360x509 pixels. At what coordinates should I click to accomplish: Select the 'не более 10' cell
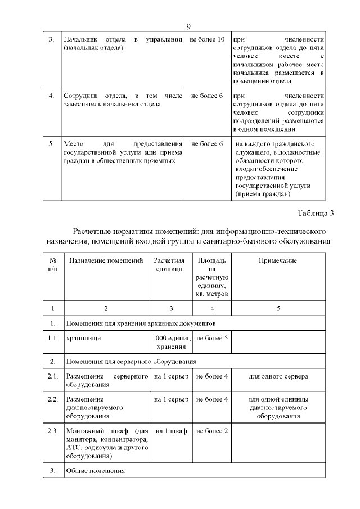pos(207,40)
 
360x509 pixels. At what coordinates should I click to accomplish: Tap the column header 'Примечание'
pos(278,261)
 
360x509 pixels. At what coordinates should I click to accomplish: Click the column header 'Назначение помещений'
pos(102,261)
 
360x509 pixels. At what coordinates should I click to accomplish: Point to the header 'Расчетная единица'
pos(170,265)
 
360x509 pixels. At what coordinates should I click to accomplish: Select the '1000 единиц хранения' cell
pos(170,343)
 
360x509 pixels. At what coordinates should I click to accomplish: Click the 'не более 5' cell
pos(211,339)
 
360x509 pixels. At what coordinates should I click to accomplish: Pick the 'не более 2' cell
pos(211,431)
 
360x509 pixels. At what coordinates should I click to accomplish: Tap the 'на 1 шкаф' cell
pos(170,431)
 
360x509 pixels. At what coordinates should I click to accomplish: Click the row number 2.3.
pos(53,431)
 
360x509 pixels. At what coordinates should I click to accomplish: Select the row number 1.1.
pos(53,339)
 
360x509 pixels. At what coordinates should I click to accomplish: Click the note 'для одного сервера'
pos(278,376)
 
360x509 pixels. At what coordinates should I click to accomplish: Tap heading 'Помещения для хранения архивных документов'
pos(140,324)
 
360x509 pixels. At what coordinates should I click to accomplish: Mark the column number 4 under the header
pos(211,308)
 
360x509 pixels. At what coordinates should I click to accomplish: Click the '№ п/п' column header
pos(53,265)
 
